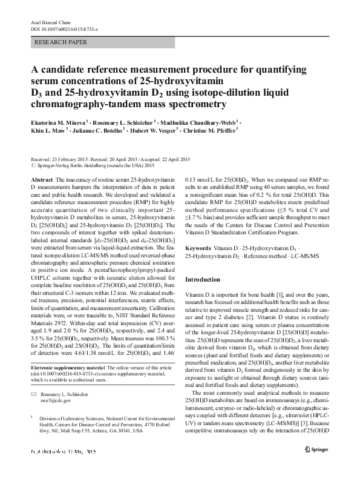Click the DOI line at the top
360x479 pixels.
tap(65, 29)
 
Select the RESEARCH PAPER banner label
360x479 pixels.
tap(62, 42)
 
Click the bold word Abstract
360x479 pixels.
tap(41, 180)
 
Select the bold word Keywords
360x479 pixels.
tap(199, 248)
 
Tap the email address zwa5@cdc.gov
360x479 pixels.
tap(59, 401)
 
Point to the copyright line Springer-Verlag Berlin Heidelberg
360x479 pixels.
tap(91, 165)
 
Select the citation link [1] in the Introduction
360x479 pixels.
tap(280, 294)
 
